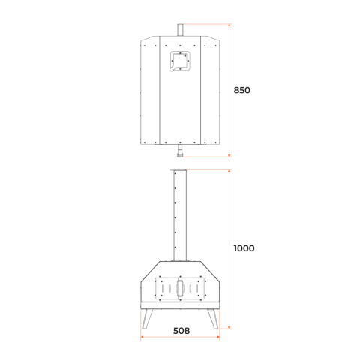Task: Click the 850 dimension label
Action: [241, 90]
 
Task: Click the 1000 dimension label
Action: [244, 248]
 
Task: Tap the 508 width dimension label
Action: [181, 331]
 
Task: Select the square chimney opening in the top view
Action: [180, 61]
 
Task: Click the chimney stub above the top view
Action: [180, 30]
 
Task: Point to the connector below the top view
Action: [180, 151]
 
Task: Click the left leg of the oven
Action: [147, 319]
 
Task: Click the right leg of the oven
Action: [213, 319]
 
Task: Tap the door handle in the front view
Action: [180, 288]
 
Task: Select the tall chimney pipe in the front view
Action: [180, 216]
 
